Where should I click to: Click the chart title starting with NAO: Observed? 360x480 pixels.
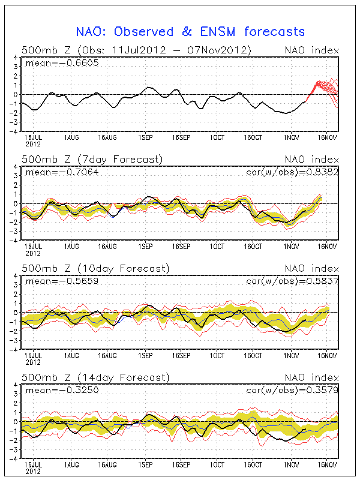point(190,31)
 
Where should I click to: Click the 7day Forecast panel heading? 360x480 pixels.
point(92,159)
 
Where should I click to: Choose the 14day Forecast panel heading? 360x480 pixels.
point(95,377)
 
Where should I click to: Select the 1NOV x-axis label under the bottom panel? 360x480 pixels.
point(291,464)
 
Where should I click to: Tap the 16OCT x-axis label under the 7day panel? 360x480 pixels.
point(254,246)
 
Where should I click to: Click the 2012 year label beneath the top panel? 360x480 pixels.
point(33,144)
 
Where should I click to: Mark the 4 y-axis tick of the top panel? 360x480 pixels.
point(16,58)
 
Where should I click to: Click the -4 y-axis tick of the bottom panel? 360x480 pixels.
point(14,458)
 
